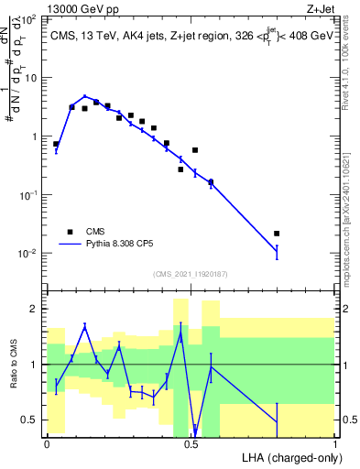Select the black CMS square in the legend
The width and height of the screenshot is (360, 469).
[x=70, y=232]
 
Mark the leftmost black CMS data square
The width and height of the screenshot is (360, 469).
[x=56, y=144]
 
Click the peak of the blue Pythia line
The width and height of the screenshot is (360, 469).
[x=84, y=95]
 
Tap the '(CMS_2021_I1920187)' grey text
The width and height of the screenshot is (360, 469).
[x=190, y=274]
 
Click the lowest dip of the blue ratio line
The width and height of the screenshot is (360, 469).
[x=195, y=431]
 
